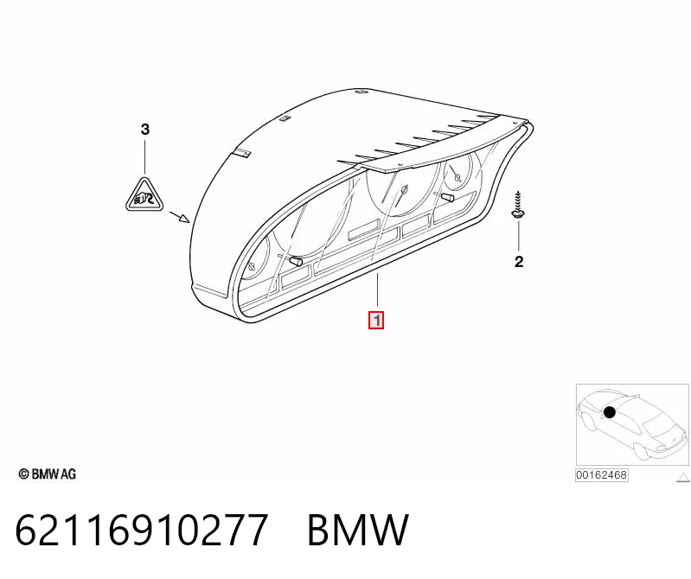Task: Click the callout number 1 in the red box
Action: tap(376, 320)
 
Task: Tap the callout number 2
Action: tap(519, 262)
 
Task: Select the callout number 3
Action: tap(145, 130)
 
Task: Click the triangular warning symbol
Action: tap(144, 196)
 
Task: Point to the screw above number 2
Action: tap(518, 204)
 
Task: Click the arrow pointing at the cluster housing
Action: tap(179, 217)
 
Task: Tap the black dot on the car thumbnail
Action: tap(609, 412)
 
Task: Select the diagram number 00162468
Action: tap(601, 475)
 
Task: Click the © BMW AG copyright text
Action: tap(48, 474)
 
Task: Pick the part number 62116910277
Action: tap(142, 529)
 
